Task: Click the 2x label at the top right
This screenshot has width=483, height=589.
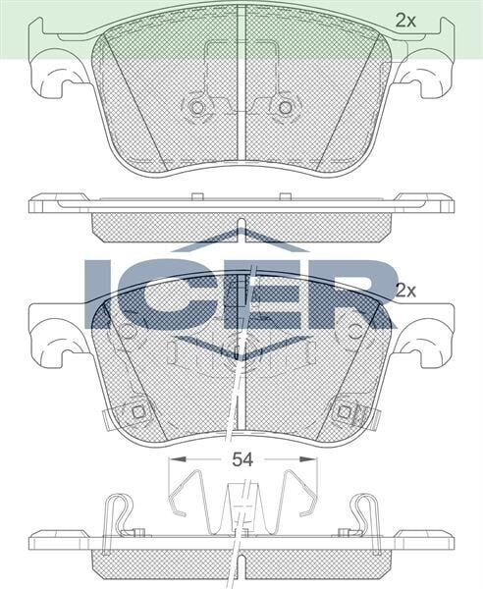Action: tap(405, 19)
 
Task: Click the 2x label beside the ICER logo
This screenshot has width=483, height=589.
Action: tap(405, 291)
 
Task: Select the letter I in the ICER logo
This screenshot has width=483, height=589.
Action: tap(101, 293)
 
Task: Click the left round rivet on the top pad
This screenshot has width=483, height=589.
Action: tap(196, 107)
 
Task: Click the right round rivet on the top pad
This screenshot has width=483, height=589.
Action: tap(285, 107)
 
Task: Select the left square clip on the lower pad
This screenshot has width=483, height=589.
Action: tap(137, 411)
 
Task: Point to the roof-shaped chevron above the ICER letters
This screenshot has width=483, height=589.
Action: tap(241, 240)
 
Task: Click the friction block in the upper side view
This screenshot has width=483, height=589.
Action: tap(241, 225)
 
